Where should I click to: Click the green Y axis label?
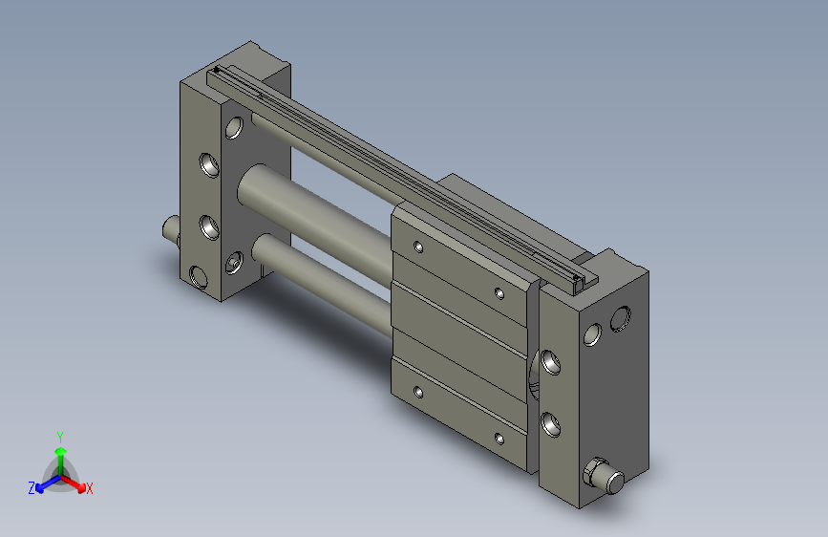[59, 437]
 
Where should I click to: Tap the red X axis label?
[89, 488]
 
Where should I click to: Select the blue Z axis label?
[32, 488]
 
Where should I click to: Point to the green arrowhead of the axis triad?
[61, 452]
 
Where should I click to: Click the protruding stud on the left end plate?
[171, 229]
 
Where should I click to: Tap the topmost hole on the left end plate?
[234, 128]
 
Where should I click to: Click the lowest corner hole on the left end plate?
[198, 277]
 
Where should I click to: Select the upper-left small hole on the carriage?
[418, 247]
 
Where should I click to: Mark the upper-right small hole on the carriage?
[499, 292]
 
